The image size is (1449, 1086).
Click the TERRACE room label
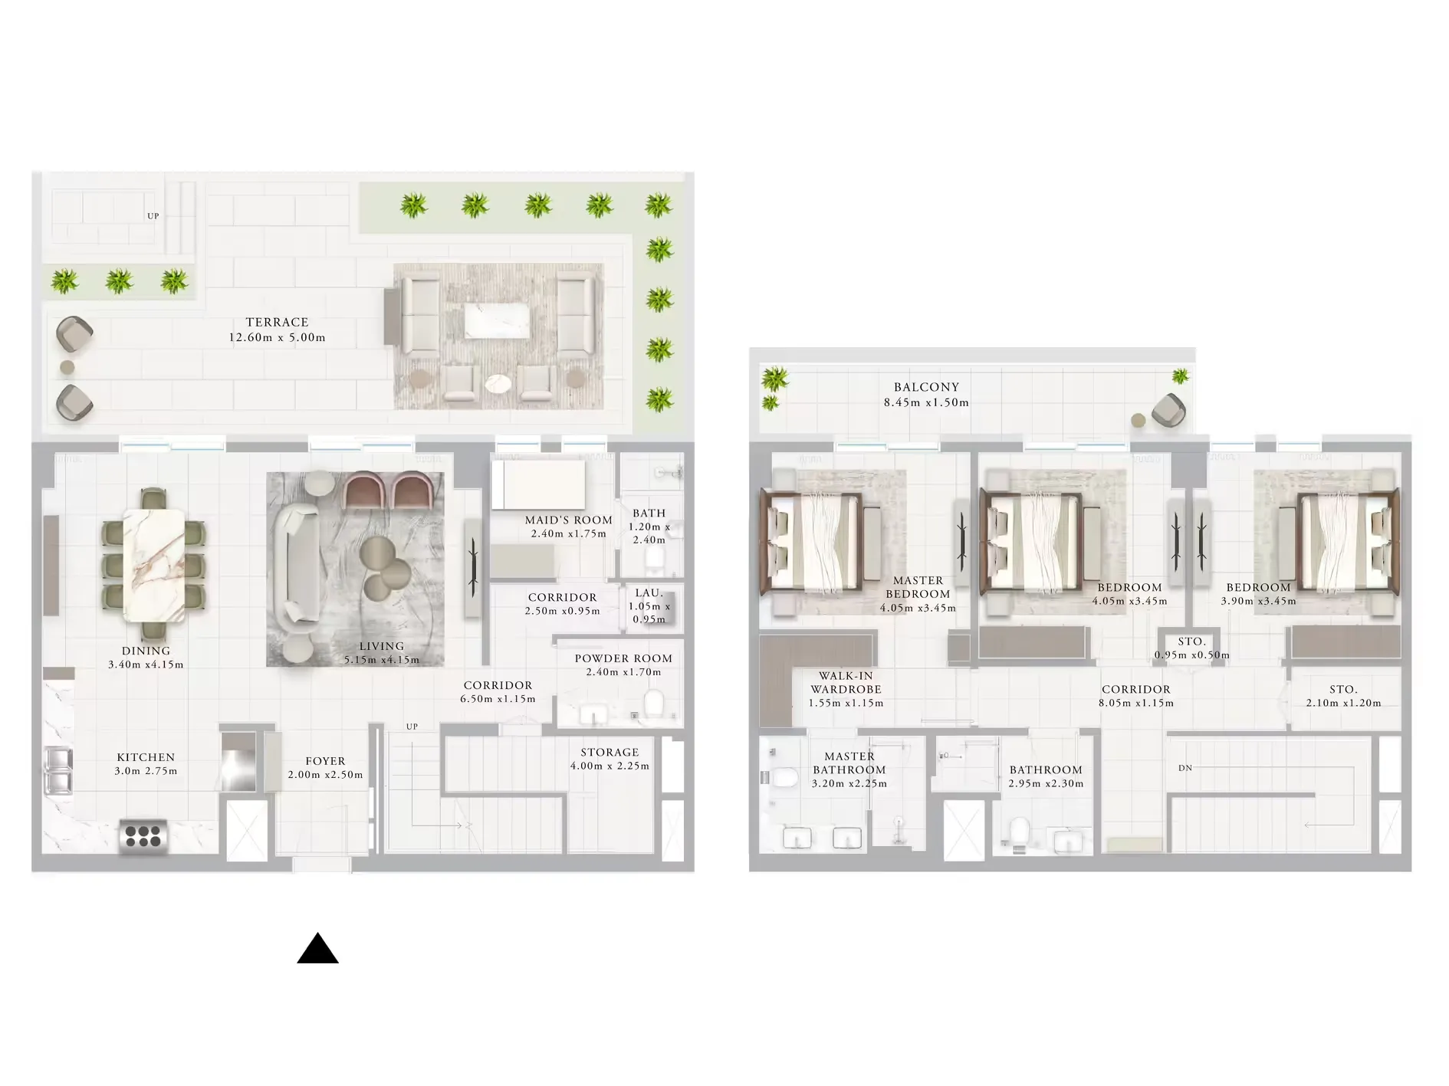point(277,323)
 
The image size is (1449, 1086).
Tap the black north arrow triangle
point(317,950)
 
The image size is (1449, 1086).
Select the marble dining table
point(154,565)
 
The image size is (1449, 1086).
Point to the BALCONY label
point(926,388)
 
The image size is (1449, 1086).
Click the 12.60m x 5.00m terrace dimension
point(277,338)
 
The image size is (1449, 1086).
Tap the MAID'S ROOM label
point(568,520)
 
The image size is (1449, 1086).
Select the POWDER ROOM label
point(623,659)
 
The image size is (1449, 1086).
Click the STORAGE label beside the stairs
point(609,753)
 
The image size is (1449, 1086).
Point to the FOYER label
point(325,761)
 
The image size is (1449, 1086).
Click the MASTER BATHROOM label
point(849,763)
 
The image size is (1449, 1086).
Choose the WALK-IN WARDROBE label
point(846,682)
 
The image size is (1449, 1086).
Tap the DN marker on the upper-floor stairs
point(1185,768)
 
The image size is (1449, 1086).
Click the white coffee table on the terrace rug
point(496,320)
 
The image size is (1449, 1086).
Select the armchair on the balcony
point(1168,409)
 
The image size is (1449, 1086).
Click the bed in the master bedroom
point(813,542)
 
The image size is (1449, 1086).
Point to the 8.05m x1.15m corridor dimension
point(1136,703)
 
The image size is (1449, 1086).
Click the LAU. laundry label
point(649,593)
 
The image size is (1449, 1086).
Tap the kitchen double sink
point(59,770)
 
